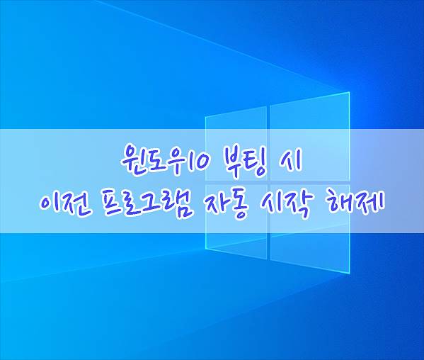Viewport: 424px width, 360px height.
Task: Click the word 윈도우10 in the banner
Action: pyautogui.click(x=165, y=159)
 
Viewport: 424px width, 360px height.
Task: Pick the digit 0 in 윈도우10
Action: pyautogui.click(x=202, y=161)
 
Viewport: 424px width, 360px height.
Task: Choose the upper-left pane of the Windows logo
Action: pyautogui.click(x=236, y=144)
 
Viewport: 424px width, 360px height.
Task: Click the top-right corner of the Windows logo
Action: pyautogui.click(x=350, y=92)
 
